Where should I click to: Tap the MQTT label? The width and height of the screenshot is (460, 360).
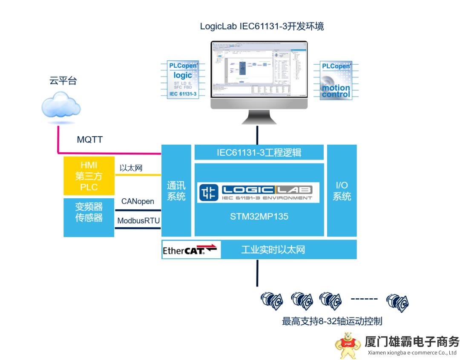[x=89, y=140]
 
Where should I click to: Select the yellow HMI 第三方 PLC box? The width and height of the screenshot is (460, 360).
[x=89, y=176]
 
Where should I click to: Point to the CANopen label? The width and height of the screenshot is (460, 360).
[x=138, y=201]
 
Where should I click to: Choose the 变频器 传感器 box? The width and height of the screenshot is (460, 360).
[x=89, y=217]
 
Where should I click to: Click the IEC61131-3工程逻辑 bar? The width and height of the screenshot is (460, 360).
[x=259, y=152]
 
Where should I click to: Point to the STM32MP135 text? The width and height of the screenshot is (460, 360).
[x=259, y=216]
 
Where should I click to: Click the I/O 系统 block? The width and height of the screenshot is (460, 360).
[x=342, y=191]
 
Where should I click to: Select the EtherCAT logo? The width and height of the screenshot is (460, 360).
[x=190, y=249]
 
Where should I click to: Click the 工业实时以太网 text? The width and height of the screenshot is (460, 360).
[x=273, y=250]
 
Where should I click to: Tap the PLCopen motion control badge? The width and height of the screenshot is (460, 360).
[x=336, y=80]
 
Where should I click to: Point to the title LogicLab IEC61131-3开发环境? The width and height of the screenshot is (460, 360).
[x=262, y=26]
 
